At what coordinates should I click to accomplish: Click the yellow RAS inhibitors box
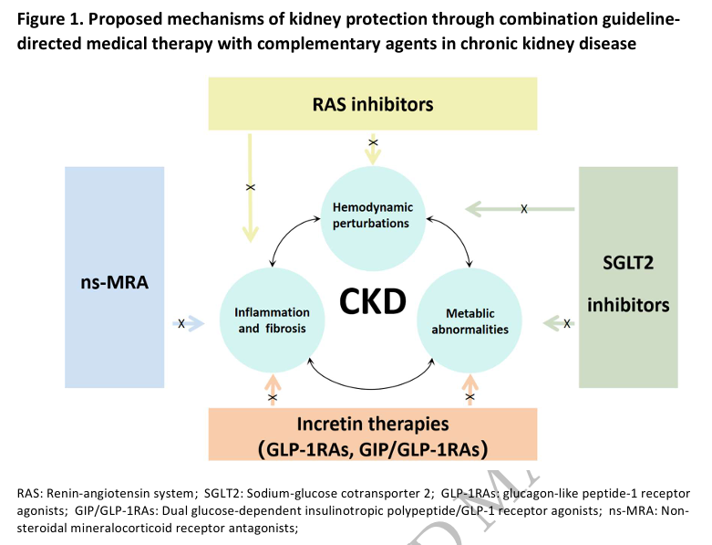tap(372, 104)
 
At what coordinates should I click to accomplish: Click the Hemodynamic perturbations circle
tap(372, 215)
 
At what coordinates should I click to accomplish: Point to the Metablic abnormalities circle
tap(470, 320)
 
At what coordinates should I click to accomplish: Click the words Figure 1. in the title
tap(47, 18)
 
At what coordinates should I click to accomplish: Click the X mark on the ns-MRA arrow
tap(181, 323)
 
